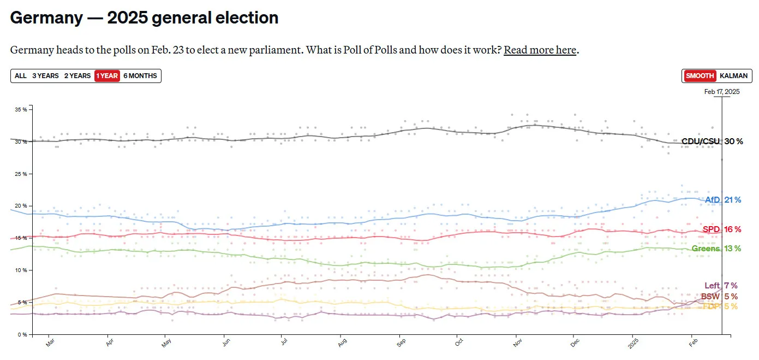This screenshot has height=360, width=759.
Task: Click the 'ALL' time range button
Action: click(21, 76)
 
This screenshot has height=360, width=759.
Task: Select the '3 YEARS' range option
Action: click(45, 76)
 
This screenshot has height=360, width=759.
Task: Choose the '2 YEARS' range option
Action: click(77, 76)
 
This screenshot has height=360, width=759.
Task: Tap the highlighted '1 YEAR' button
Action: click(107, 76)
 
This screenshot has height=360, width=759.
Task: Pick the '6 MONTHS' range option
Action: click(140, 76)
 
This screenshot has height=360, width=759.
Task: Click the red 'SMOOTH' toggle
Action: click(700, 76)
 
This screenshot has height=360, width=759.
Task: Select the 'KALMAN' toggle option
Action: click(733, 76)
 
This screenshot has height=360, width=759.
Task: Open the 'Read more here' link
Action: click(540, 50)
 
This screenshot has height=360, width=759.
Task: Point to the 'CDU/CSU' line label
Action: click(701, 141)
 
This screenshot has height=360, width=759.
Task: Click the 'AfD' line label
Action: click(713, 200)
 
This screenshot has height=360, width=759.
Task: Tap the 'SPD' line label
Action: click(712, 229)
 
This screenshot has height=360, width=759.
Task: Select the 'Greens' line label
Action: click(706, 249)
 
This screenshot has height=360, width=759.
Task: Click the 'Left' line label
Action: click(712, 285)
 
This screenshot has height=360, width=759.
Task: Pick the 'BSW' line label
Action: click(710, 296)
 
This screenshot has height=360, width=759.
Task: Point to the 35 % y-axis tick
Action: click(21, 110)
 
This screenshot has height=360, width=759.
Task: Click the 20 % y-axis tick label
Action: click(21, 206)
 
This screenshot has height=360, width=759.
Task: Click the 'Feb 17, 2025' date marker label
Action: click(721, 92)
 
